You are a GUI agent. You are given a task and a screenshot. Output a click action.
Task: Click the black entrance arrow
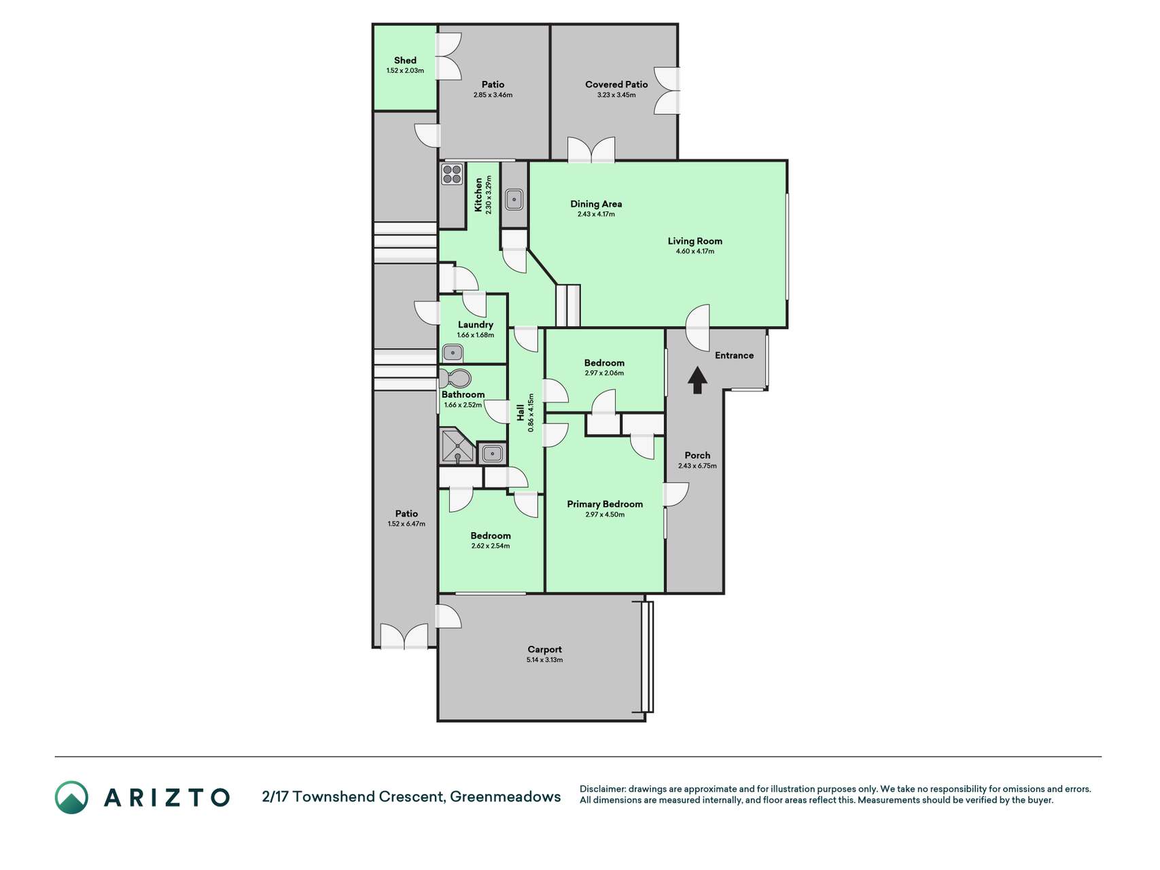[x=697, y=381]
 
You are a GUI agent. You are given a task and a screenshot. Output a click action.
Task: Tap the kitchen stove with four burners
[x=452, y=174]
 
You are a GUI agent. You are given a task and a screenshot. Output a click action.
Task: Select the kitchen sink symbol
[x=514, y=200]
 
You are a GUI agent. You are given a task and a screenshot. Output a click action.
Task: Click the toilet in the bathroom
[x=455, y=379]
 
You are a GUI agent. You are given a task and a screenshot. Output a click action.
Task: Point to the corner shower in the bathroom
[x=457, y=446]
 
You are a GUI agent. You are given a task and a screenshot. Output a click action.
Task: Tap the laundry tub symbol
[x=453, y=353]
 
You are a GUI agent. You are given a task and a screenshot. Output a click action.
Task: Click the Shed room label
[x=405, y=60]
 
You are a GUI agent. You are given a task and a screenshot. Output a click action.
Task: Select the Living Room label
[x=695, y=241]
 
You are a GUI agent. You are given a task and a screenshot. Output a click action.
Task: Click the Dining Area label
[x=596, y=204]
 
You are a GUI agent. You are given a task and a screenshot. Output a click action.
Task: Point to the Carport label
[x=544, y=649]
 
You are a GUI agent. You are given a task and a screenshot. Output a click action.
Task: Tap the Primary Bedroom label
[x=605, y=504]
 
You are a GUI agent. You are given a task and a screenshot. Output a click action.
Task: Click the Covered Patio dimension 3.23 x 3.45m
[x=616, y=95]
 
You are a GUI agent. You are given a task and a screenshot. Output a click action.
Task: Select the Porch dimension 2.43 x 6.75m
[x=697, y=466]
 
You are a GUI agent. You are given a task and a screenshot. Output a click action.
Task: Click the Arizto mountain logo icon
[x=71, y=797]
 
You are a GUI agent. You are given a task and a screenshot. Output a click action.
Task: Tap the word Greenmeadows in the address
[x=506, y=797]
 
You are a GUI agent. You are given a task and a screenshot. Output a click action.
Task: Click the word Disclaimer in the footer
[x=602, y=789]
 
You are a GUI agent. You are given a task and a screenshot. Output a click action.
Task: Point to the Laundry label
[x=476, y=325]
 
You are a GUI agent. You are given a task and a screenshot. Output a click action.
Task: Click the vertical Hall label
[x=521, y=413]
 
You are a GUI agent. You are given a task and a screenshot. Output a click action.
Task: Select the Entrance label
[x=734, y=355]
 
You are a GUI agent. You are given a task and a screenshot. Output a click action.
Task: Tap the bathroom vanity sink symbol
[x=492, y=453]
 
